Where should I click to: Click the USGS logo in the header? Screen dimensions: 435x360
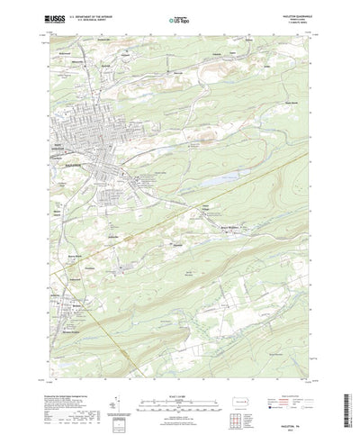56,16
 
